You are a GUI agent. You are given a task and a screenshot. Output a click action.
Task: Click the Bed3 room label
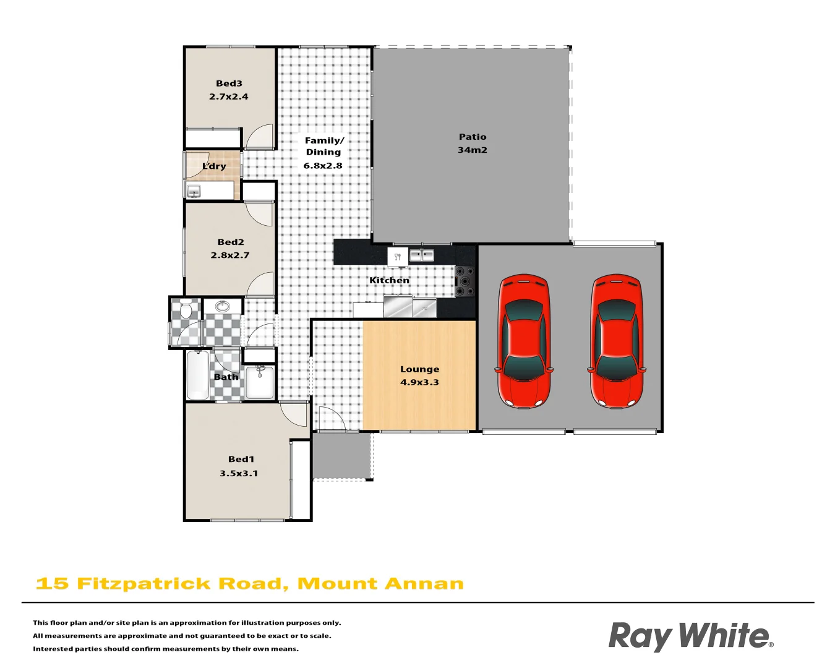pyautogui.click(x=229, y=83)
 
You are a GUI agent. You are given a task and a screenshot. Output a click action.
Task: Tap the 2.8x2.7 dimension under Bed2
pyautogui.click(x=230, y=255)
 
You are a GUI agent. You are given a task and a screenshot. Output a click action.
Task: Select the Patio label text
pyautogui.click(x=473, y=137)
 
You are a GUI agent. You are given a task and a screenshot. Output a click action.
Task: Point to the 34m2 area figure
pyautogui.click(x=473, y=150)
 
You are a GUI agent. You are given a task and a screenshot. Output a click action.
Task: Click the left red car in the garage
pyautogui.click(x=524, y=341)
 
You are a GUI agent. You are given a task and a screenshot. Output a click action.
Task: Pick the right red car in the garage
pyautogui.click(x=617, y=341)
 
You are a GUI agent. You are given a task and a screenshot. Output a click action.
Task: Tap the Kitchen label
pyautogui.click(x=389, y=281)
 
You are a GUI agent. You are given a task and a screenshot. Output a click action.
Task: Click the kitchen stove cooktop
pyautogui.click(x=465, y=281)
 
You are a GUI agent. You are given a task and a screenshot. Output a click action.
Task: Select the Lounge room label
pyautogui.click(x=419, y=369)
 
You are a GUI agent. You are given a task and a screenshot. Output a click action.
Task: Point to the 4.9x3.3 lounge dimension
pyautogui.click(x=419, y=382)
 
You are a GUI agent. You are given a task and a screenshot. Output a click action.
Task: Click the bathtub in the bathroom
pyautogui.click(x=198, y=375)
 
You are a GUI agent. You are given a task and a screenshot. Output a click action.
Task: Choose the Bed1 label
pyautogui.click(x=241, y=460)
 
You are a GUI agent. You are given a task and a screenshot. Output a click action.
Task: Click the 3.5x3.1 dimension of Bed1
pyautogui.click(x=239, y=474)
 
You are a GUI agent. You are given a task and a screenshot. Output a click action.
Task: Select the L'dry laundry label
pyautogui.click(x=214, y=166)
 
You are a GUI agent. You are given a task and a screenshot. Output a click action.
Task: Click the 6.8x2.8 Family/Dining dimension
pyautogui.click(x=323, y=166)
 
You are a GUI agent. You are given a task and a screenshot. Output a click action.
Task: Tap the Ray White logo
pyautogui.click(x=690, y=636)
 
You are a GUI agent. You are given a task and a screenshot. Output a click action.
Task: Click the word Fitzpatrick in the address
pyautogui.click(x=144, y=584)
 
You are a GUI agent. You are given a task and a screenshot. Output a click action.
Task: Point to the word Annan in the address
pyautogui.click(x=424, y=584)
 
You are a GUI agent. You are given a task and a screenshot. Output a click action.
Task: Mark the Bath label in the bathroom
pyautogui.click(x=226, y=377)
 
